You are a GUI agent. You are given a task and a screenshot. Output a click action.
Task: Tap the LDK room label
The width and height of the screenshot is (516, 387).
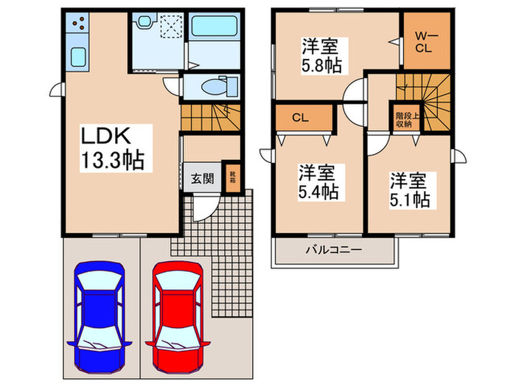pos(106,137)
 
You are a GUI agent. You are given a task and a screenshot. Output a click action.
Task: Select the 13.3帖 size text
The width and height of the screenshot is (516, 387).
pos(112,160)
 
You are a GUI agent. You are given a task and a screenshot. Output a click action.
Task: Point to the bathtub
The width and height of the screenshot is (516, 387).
pos(213,29)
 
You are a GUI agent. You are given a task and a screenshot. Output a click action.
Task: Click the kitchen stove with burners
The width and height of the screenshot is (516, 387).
pos(77,27)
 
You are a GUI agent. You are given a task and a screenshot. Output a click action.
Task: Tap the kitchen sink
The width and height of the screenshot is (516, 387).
pos(77,56)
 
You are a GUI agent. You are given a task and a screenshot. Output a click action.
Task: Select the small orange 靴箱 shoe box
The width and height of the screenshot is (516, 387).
pos(232,178)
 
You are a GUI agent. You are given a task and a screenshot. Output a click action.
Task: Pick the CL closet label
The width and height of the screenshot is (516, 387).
pos(300,117)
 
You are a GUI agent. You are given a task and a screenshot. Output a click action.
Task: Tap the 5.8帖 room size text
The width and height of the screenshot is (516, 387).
pos(320,55)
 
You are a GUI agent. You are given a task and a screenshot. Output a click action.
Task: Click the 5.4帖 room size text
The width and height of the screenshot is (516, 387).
pos(318,183)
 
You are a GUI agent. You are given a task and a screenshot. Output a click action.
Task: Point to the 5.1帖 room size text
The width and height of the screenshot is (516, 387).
pos(410,189)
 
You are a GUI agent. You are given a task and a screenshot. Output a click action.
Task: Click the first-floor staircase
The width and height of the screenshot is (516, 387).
pos(210,116)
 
